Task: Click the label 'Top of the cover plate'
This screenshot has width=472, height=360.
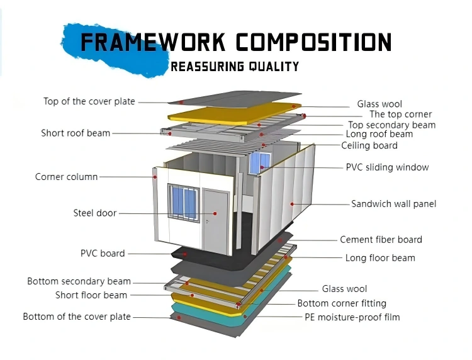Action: pyautogui.click(x=89, y=101)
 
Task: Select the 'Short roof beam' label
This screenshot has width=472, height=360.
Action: pyautogui.click(x=76, y=133)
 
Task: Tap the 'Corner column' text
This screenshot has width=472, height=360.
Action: pyautogui.click(x=66, y=177)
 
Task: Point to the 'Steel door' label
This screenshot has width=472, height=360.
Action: pyautogui.click(x=95, y=213)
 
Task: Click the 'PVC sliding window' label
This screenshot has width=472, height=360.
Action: pyautogui.click(x=387, y=167)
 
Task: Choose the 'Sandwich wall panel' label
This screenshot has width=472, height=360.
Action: pyautogui.click(x=394, y=204)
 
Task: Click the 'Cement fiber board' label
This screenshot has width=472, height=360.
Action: pyautogui.click(x=381, y=240)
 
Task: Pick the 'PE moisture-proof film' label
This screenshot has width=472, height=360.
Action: pyautogui.click(x=352, y=317)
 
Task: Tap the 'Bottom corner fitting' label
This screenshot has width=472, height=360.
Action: pyautogui.click(x=342, y=303)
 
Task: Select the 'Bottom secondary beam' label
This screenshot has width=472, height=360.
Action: pyautogui.click(x=79, y=281)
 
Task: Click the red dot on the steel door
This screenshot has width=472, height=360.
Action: pyautogui.click(x=215, y=213)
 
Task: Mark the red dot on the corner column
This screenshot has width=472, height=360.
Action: pyautogui.click(x=155, y=177)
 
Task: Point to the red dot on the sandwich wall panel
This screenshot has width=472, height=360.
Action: pyautogui.click(x=292, y=204)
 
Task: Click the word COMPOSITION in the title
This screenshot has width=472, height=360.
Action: pyautogui.click(x=313, y=42)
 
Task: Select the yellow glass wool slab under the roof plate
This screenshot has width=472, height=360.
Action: pyautogui.click(x=235, y=113)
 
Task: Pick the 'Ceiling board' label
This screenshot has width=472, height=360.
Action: pyautogui.click(x=369, y=145)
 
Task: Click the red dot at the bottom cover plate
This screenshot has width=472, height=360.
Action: pyautogui.click(x=179, y=318)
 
